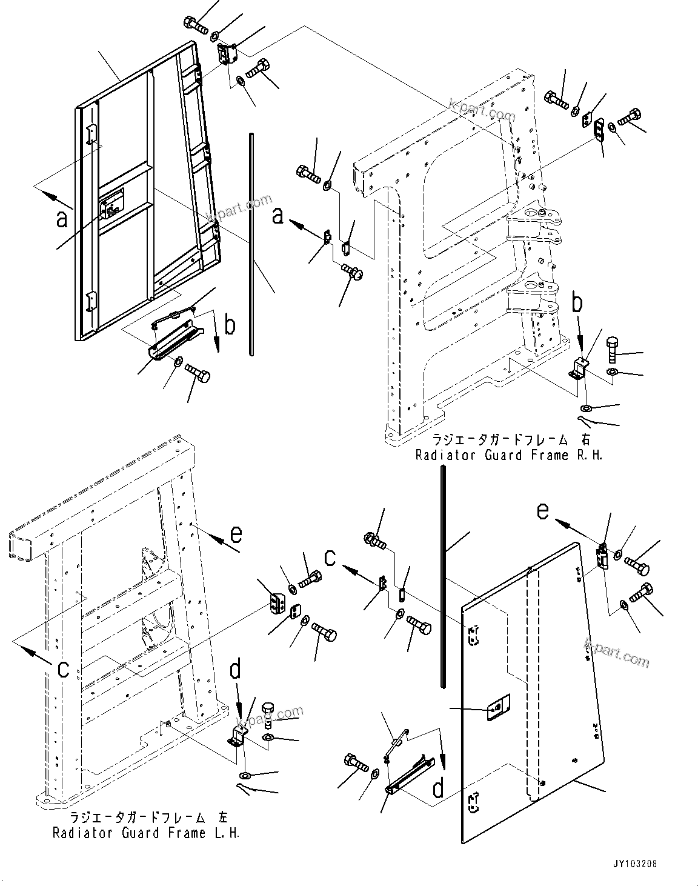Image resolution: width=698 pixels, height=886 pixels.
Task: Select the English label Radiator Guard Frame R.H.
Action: (509, 455)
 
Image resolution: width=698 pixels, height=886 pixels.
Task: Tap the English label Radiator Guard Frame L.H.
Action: (146, 833)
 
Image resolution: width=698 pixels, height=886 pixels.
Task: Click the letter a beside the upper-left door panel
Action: (62, 218)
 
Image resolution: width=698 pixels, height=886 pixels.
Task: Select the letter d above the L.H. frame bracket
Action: (236, 670)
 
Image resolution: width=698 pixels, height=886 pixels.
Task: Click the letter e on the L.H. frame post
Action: (235, 534)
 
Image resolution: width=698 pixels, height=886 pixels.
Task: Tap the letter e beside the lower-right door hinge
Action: (543, 511)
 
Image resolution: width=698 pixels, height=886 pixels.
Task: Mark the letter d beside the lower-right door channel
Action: (437, 788)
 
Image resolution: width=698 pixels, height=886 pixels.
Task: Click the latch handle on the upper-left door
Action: (113, 204)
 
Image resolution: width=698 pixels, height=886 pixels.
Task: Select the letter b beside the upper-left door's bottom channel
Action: (229, 325)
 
